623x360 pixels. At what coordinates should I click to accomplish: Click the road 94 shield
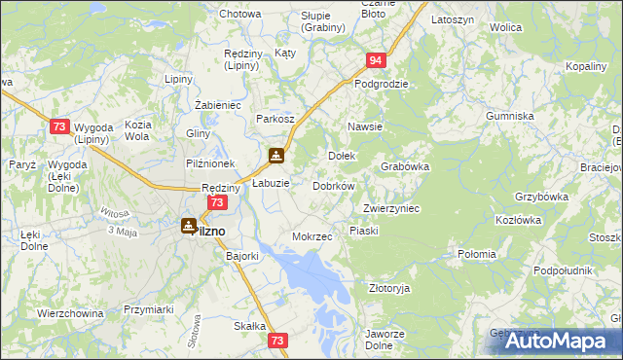[378, 61]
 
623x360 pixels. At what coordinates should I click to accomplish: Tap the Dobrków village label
[333, 185]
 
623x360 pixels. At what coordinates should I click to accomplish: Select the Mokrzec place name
[312, 236]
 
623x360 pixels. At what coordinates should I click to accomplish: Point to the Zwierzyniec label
[390, 208]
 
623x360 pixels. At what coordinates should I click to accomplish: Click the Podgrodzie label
[382, 84]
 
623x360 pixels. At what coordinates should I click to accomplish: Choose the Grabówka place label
[405, 166]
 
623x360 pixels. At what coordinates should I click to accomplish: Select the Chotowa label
[240, 14]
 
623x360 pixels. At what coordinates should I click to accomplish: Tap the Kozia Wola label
[137, 130]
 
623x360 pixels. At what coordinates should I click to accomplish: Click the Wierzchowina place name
[70, 313]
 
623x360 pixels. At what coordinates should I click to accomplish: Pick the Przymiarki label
[148, 309]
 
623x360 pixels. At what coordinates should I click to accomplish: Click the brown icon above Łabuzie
[277, 155]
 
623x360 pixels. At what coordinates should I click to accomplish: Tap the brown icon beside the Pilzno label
[189, 226]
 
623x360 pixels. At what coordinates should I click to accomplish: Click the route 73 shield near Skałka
[278, 341]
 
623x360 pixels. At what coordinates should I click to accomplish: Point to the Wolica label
[506, 28]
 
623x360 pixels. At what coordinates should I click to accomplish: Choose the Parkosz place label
[275, 119]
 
